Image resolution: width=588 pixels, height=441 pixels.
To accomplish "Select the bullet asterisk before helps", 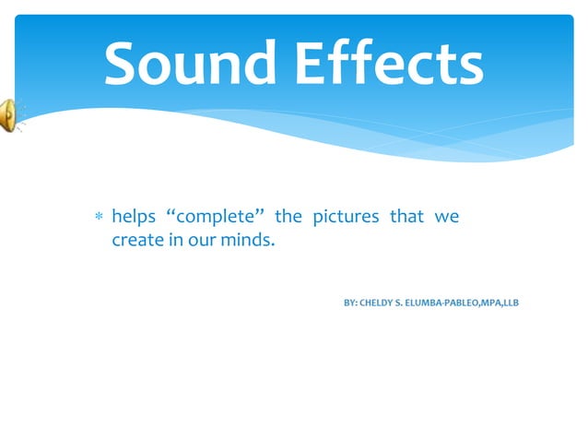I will (98, 219).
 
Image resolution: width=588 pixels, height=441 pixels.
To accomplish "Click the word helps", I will (132, 218).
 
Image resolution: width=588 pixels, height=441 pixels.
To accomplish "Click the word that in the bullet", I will (406, 217).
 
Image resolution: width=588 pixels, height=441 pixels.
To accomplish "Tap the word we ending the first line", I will (447, 218).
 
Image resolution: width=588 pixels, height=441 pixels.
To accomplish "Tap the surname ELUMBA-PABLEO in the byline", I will (452, 303).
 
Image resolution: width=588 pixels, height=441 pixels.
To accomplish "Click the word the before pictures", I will (288, 217).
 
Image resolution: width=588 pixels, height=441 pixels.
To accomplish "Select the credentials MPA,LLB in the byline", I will (506, 303).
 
